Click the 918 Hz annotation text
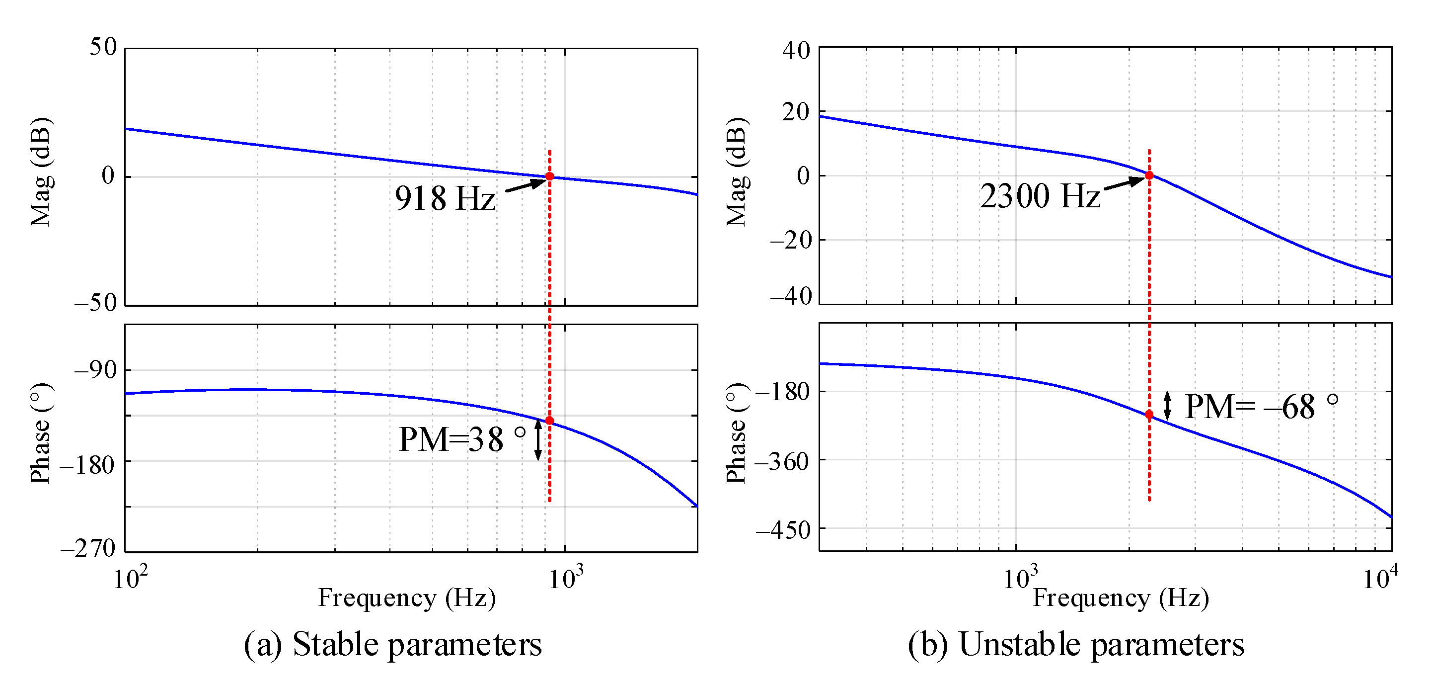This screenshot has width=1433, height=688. click(445, 198)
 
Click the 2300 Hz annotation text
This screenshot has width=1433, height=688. click(1040, 196)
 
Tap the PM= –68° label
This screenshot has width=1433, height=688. click(1260, 406)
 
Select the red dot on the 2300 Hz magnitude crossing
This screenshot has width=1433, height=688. click(1149, 175)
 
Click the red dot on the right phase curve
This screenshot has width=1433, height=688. click(1149, 415)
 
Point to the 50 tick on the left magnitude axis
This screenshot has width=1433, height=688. click(103, 47)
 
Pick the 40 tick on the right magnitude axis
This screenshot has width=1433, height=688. click(796, 51)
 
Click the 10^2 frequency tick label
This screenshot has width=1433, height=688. click(130, 579)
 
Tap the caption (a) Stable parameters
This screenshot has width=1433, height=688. click(393, 645)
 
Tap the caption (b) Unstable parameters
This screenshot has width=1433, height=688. click(1076, 645)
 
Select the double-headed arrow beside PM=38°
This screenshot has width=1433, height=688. click(538, 440)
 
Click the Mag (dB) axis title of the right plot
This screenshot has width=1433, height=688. click(737, 172)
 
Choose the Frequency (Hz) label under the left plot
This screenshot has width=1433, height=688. click(407, 599)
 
